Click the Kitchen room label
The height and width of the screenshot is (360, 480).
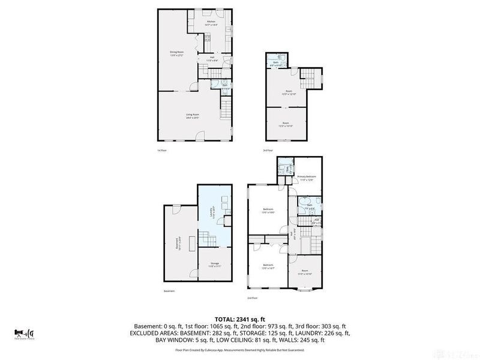211,22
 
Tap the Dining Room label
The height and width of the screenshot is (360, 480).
176,53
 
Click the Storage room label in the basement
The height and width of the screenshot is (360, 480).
214,264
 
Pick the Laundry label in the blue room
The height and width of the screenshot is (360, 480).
211,213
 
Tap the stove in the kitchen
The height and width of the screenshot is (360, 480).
207,38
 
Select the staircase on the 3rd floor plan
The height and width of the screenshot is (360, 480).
308,77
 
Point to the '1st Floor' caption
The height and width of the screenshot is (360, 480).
162,150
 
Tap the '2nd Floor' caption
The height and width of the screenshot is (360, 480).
253,298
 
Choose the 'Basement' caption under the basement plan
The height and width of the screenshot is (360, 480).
169,292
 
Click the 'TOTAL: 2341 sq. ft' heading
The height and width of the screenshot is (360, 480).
240,319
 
